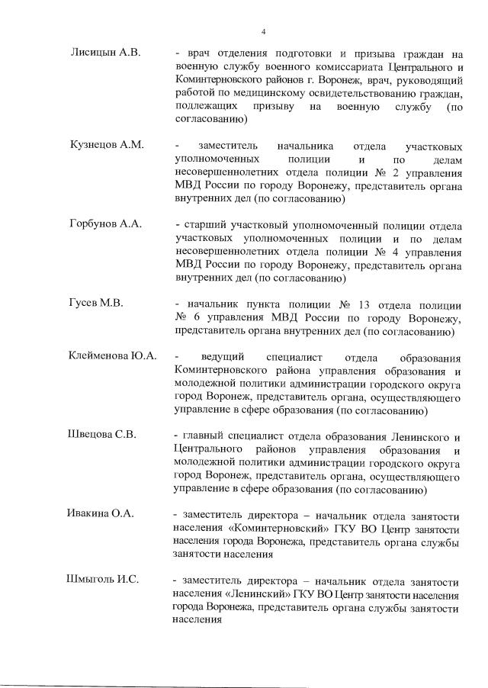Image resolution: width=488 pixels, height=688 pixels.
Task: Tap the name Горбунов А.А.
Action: [104, 225]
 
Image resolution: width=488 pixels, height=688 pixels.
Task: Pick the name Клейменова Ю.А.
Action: [112, 356]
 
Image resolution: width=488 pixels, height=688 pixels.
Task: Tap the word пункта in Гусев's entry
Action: [262, 304]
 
